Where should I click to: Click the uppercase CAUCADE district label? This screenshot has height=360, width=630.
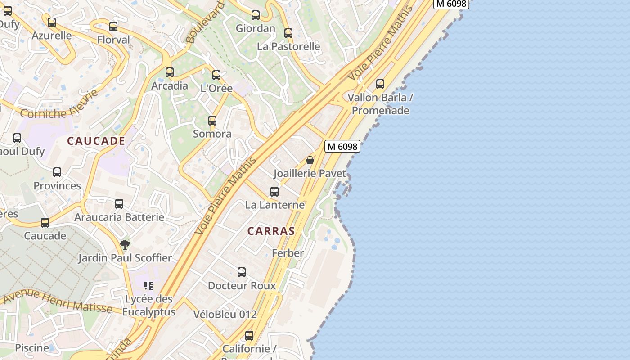[96, 141]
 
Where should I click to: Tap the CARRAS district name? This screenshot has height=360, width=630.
[271, 231]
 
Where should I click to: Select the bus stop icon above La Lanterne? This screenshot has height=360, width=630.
[274, 192]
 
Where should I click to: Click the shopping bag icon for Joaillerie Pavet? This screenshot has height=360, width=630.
[310, 160]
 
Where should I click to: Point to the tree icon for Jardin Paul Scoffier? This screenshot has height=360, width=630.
[125, 245]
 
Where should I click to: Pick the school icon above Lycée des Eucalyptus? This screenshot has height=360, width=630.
[148, 285]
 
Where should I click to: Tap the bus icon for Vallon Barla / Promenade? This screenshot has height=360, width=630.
[380, 84]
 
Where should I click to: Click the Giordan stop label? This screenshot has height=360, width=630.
[256, 28]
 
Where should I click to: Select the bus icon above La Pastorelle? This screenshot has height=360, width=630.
[288, 33]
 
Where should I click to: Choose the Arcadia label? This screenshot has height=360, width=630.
[170, 85]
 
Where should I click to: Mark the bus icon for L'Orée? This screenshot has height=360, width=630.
[216, 75]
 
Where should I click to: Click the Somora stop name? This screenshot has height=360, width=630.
[212, 134]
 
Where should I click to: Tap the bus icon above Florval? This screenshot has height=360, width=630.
[113, 27]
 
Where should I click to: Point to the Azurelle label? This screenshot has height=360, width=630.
[52, 36]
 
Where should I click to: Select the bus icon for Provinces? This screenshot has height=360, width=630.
[57, 172]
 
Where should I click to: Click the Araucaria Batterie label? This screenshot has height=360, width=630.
[119, 217]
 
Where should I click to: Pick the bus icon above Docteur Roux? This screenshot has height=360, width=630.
[242, 272]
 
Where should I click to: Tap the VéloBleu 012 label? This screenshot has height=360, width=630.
[225, 314]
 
